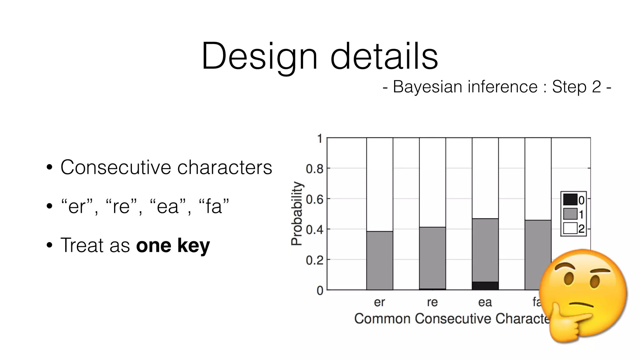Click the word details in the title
pyautogui.click(x=384, y=56)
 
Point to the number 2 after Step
pyautogui.click(x=596, y=87)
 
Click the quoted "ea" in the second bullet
pyautogui.click(x=168, y=206)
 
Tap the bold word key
pyautogui.click(x=193, y=246)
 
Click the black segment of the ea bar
pyautogui.click(x=485, y=286)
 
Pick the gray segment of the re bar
pyautogui.click(x=432, y=258)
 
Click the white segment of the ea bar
pyautogui.click(x=485, y=178)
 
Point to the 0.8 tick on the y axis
pyautogui.click(x=314, y=169)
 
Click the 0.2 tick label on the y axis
pyautogui.click(x=314, y=260)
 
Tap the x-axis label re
pyautogui.click(x=432, y=302)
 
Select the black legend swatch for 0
pyautogui.click(x=570, y=199)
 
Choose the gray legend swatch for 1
pyautogui.click(x=570, y=214)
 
